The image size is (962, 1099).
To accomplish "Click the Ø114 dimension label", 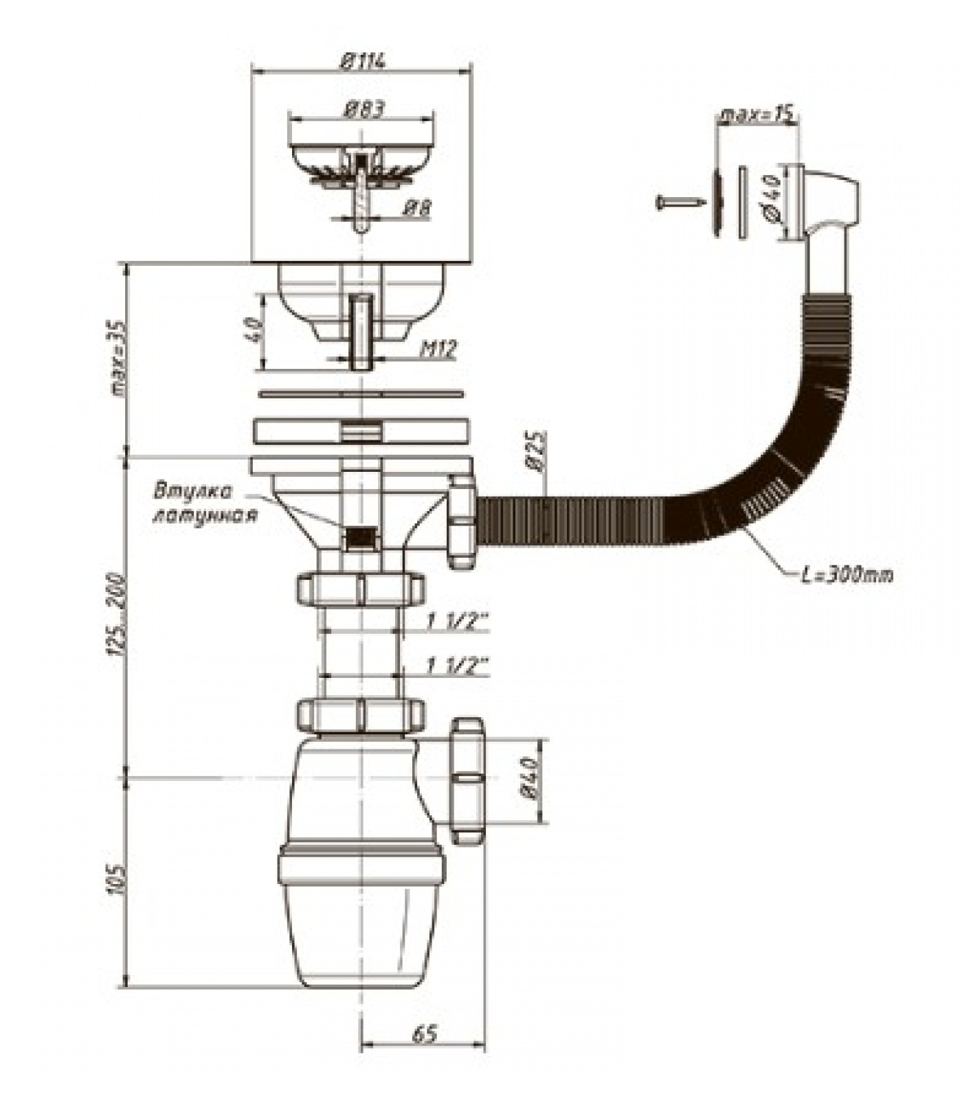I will tap(363, 60).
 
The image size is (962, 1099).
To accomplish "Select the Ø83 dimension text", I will tap(363, 109).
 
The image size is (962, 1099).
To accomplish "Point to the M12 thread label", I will tap(438, 349).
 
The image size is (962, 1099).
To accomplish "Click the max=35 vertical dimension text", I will tap(120, 359).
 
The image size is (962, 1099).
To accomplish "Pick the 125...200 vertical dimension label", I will tap(118, 613).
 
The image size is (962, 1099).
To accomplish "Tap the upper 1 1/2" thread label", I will tap(457, 622).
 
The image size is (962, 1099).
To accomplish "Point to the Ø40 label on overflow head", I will tap(770, 197).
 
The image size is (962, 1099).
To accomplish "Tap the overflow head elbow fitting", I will tap(825, 203).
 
